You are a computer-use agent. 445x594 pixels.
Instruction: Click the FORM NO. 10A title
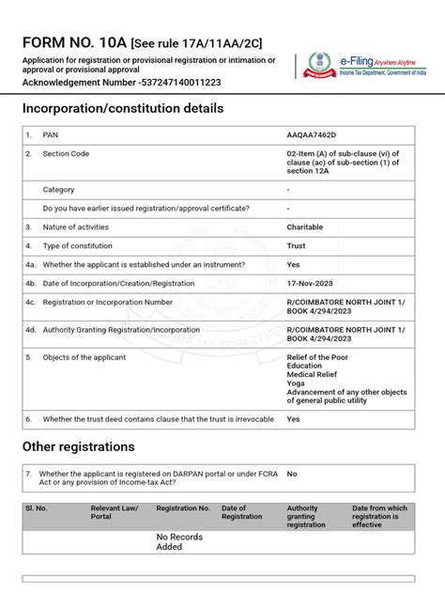[x=74, y=43]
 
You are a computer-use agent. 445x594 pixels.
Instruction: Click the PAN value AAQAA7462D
[x=312, y=135]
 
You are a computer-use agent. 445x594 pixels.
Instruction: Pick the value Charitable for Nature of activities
[x=304, y=227]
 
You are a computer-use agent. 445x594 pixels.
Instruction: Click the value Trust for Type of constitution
[x=297, y=245]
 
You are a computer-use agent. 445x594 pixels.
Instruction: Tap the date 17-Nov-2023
[x=311, y=283]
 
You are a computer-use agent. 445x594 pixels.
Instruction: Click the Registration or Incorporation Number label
[x=107, y=302]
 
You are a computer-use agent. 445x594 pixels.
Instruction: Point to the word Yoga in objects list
[x=296, y=383]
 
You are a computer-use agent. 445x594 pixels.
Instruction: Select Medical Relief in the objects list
[x=313, y=375]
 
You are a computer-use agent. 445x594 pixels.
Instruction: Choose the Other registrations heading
[x=79, y=446]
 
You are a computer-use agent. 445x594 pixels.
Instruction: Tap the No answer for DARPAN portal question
[x=292, y=475]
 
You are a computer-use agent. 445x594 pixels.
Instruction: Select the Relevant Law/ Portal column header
[x=115, y=512]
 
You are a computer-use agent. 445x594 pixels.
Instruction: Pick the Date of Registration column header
[x=241, y=512]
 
